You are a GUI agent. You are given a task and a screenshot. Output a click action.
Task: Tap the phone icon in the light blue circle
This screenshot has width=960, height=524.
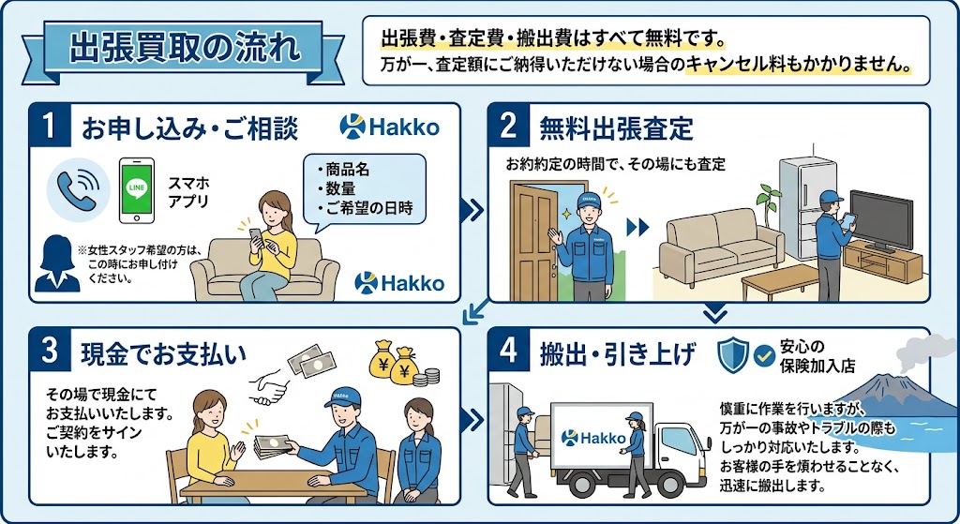click(x=78, y=188)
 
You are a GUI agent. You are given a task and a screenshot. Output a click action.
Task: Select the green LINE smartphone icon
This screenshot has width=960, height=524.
click(x=136, y=190)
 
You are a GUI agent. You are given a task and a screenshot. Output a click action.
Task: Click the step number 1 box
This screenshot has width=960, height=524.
click(x=50, y=126)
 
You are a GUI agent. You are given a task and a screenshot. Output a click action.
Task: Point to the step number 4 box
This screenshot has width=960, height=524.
click(x=509, y=351)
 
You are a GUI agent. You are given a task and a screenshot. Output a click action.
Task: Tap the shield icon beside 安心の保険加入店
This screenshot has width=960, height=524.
click(x=733, y=355)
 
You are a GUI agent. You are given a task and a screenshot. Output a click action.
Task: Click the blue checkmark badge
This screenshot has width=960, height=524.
click(x=764, y=355)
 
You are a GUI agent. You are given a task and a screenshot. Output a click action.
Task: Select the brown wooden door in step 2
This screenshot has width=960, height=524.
click(x=533, y=239)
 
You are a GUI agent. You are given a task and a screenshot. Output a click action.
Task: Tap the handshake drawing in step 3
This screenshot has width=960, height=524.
click(x=269, y=385)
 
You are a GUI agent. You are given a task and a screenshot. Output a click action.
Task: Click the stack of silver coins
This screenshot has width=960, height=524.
click(x=427, y=377)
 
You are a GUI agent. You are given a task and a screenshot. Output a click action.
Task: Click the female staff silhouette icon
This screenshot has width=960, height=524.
click(x=57, y=263)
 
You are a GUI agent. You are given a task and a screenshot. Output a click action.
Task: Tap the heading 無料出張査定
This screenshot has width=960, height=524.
click(x=616, y=128)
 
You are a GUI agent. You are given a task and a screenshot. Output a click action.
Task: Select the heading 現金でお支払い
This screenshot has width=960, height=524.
click(x=163, y=353)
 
